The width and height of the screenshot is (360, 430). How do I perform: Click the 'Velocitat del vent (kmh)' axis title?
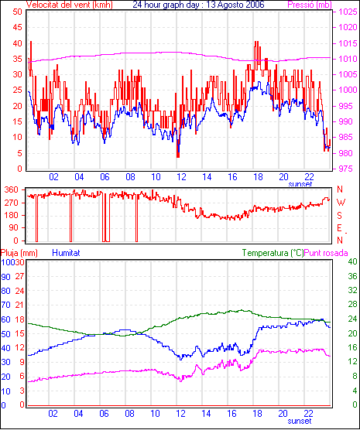pos(69,5)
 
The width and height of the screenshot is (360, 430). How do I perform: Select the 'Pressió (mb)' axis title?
pos(310,5)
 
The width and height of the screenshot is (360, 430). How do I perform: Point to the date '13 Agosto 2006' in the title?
pos(235,5)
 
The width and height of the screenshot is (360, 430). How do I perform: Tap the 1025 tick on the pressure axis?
pos(348,12)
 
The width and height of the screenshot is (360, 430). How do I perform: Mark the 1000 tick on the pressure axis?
pos(348,90)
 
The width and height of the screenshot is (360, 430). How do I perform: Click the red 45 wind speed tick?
pos(17,27)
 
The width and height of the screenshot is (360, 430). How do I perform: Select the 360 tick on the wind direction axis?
pos(12,189)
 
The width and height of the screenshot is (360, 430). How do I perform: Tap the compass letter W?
pos(341,203)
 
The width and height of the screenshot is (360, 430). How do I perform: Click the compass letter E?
pos(339,228)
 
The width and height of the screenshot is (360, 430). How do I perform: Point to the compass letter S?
pos(339,216)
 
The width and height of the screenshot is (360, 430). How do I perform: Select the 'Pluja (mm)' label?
pos(19,253)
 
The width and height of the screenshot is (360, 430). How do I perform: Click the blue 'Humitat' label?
pos(66,253)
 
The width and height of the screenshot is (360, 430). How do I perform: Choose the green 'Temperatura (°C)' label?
pos(273,253)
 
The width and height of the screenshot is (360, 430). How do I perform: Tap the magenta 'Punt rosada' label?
pos(326,253)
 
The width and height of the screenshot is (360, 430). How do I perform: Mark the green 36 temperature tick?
pos(352,276)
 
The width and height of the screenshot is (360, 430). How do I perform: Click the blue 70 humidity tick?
pos(5,305)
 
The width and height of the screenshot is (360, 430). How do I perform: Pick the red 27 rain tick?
pos(19,276)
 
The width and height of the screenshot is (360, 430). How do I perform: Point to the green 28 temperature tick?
pos(352,305)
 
